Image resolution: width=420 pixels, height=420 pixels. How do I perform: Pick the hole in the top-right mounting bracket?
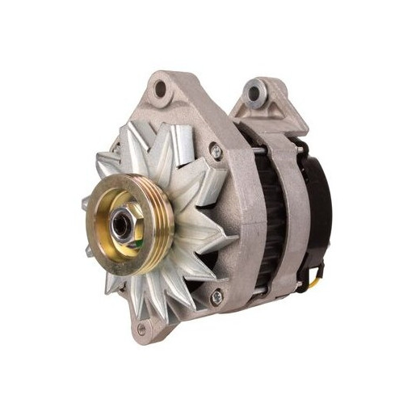pos(255,92)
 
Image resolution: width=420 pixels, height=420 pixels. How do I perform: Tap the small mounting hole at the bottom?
pos(143,327)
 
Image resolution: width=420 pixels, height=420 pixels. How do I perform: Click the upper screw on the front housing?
pos(215,149)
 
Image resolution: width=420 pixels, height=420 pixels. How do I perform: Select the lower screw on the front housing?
pos(216,298)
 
